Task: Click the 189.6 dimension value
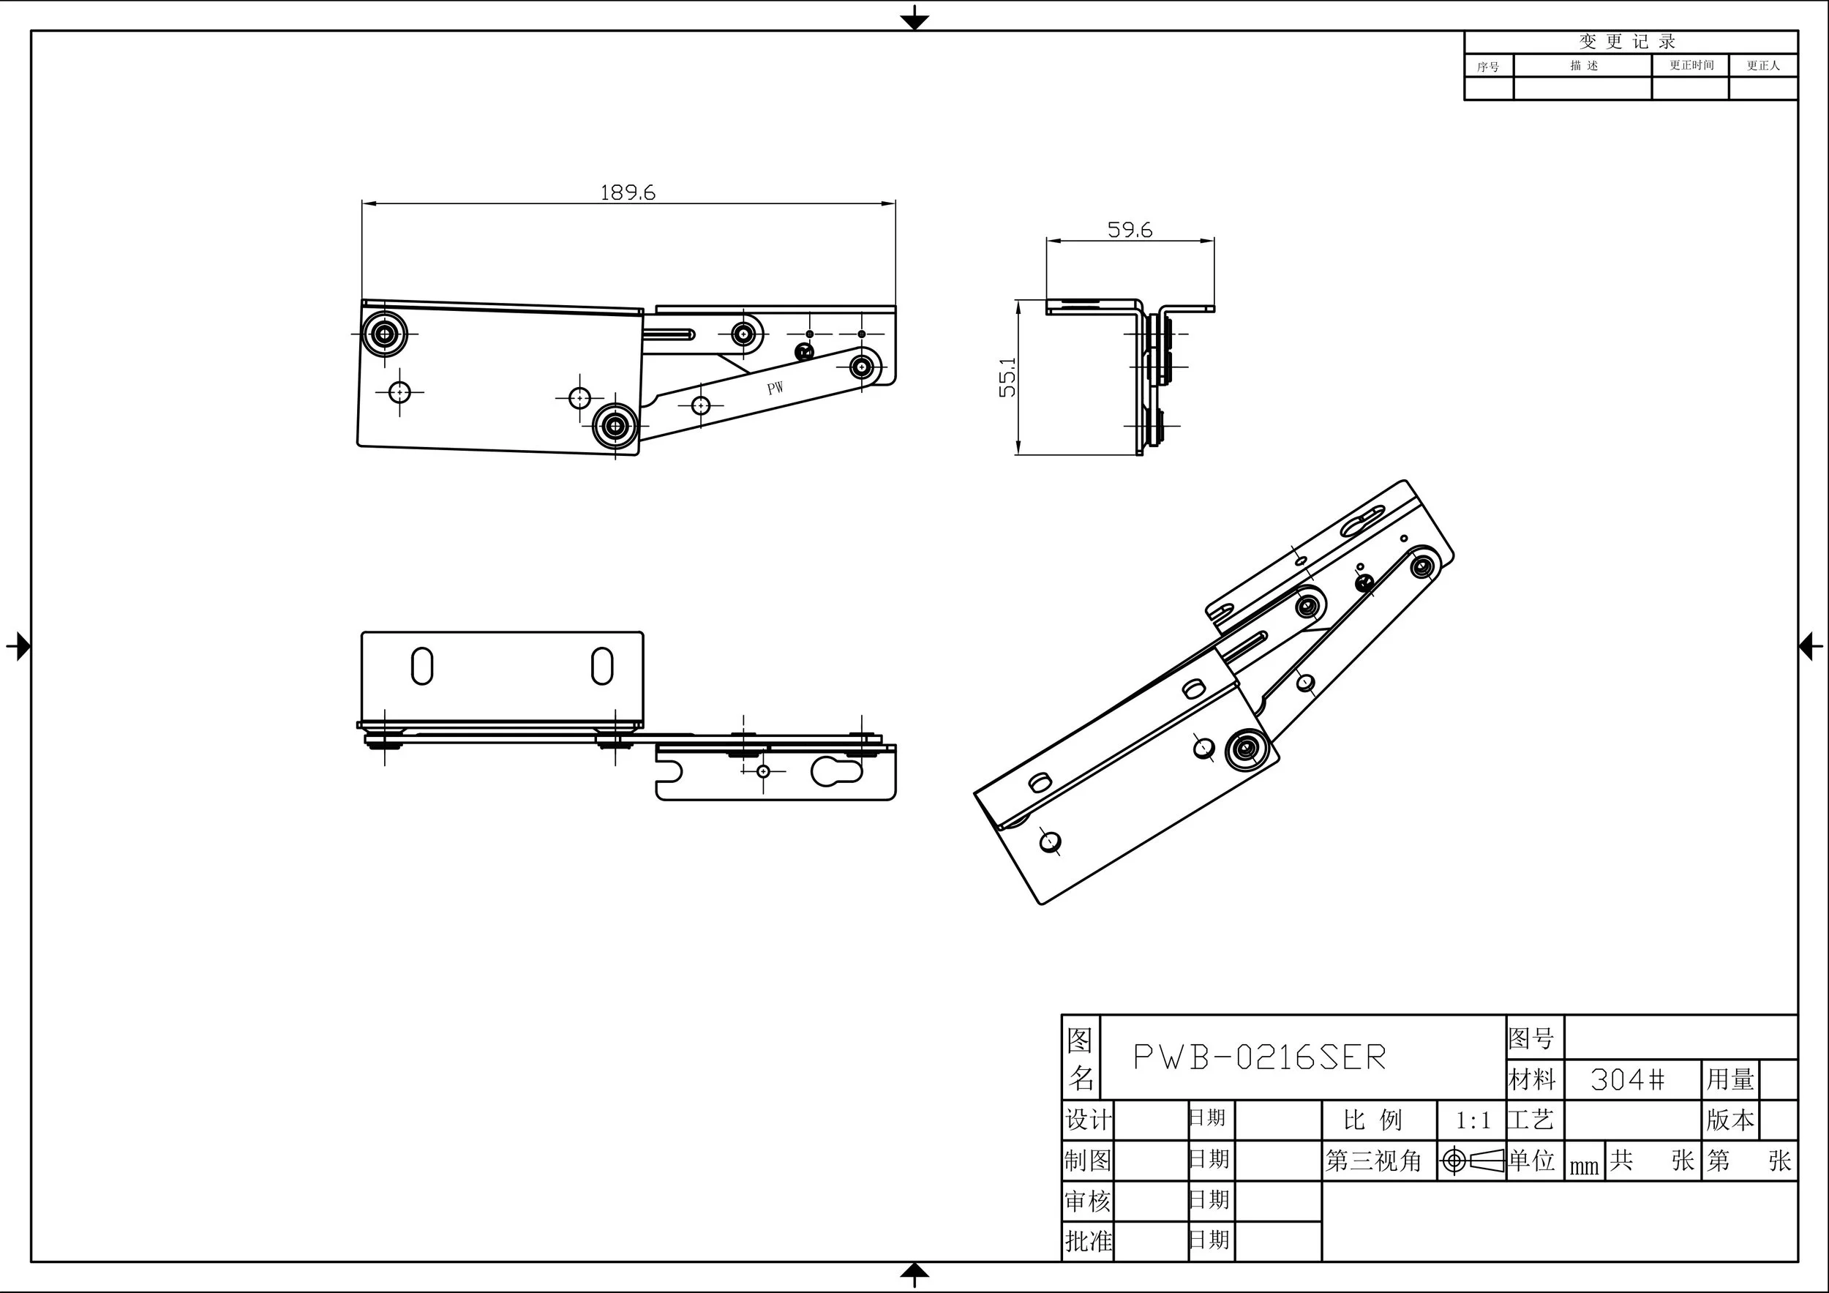point(627,192)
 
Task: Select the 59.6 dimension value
point(1130,231)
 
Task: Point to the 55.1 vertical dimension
point(1007,377)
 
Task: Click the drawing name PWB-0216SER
point(1259,1058)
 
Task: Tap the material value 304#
point(1628,1080)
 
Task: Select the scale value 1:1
point(1472,1121)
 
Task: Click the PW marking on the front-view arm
point(775,388)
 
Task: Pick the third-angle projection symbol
point(1471,1161)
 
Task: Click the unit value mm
point(1584,1166)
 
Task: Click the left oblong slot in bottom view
point(422,666)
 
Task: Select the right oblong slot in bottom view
point(602,666)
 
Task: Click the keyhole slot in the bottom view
point(836,771)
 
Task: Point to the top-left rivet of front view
point(385,334)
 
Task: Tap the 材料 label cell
point(1533,1080)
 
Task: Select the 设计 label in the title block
point(1088,1120)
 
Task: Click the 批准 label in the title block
point(1088,1240)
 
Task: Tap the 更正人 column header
point(1763,65)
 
